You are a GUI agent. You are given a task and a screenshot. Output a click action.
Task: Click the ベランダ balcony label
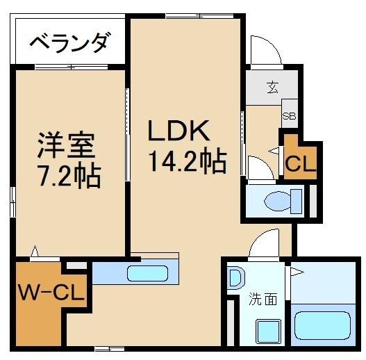[69, 43]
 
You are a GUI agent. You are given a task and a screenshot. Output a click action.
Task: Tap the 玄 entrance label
[272, 88]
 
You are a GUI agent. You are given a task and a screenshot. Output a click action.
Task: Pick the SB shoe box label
[289, 116]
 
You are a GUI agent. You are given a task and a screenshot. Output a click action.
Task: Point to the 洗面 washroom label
[264, 300]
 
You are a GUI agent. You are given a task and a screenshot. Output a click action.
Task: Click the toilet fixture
[282, 202]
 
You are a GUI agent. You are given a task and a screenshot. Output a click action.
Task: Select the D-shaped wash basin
[235, 279]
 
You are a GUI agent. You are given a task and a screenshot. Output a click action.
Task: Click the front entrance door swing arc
[265, 50]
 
